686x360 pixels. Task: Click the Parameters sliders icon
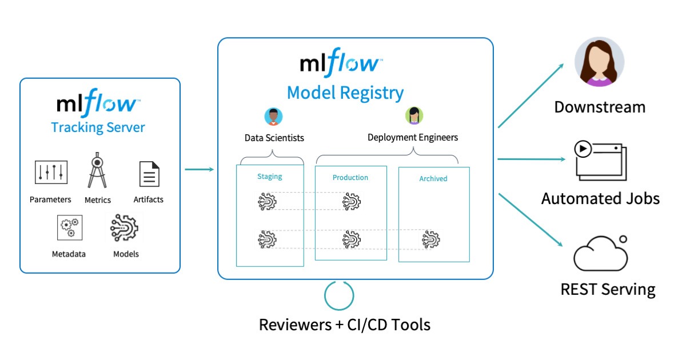click(x=51, y=172)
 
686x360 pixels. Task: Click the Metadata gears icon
click(x=69, y=227)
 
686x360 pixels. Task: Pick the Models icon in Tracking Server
click(x=125, y=227)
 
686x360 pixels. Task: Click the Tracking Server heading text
click(x=98, y=127)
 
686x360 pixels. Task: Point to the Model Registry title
click(x=345, y=92)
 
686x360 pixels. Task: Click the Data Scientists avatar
click(x=274, y=116)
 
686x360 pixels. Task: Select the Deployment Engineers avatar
click(x=414, y=115)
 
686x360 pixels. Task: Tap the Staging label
click(x=269, y=177)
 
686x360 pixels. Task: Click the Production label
click(x=350, y=178)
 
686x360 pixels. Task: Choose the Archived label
click(x=433, y=179)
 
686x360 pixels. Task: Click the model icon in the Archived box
click(x=431, y=239)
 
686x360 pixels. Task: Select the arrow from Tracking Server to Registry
click(x=199, y=169)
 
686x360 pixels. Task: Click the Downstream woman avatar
click(x=599, y=63)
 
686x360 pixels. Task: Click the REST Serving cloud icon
click(x=600, y=254)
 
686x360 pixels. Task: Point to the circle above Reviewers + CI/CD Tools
click(x=339, y=295)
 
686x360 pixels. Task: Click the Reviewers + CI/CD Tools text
click(x=345, y=325)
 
